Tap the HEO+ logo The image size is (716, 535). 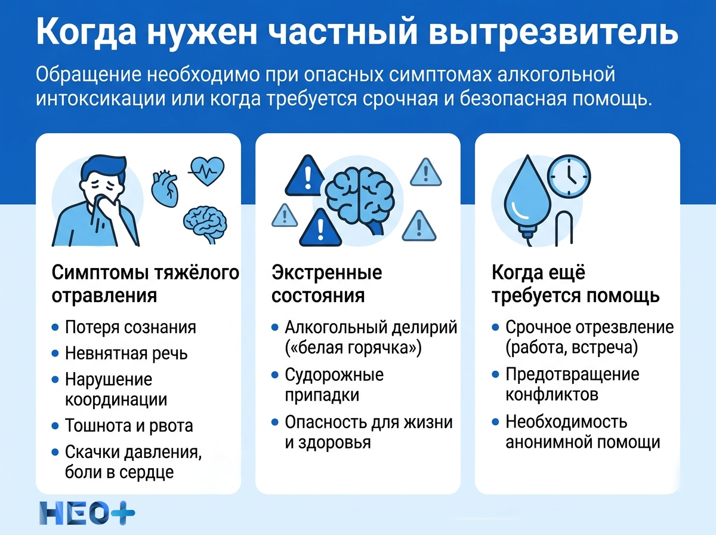tap(87, 513)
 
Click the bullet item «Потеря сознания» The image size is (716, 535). tap(130, 327)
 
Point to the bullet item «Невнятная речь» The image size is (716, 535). tap(126, 353)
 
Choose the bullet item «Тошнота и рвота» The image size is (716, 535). tap(129, 426)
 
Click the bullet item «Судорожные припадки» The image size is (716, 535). tap(334, 385)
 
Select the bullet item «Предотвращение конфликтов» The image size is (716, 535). tap(572, 385)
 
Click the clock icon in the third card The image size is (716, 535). tap(569, 177)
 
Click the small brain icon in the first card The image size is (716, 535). tap(204, 222)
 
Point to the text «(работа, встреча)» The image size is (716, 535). tap(571, 348)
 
